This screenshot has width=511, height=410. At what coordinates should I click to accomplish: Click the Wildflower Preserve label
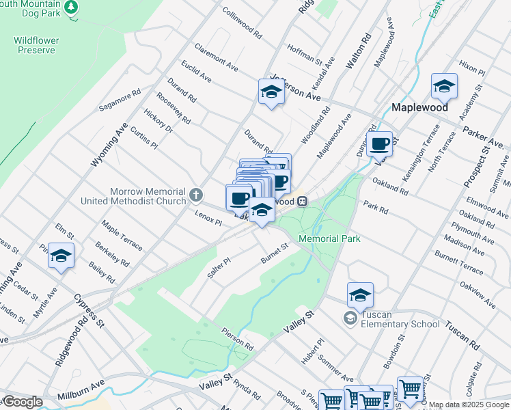(x=36, y=45)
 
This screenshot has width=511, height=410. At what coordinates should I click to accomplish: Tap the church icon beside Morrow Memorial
(x=196, y=196)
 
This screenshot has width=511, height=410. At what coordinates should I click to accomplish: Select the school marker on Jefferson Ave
(x=271, y=92)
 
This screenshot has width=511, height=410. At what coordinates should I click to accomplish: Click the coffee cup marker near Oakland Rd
(x=379, y=144)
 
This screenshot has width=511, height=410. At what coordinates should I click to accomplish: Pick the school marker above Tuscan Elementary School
(x=360, y=295)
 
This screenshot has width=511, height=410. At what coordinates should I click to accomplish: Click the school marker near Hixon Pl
(x=444, y=87)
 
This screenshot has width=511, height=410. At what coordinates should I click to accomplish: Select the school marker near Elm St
(x=61, y=256)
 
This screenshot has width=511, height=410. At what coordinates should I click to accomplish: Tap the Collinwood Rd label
(x=243, y=23)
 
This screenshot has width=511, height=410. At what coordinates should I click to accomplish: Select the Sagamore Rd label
(x=120, y=100)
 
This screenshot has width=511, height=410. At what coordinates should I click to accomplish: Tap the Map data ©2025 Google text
(x=469, y=405)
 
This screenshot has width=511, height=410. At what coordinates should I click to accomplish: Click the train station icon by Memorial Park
(x=301, y=202)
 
